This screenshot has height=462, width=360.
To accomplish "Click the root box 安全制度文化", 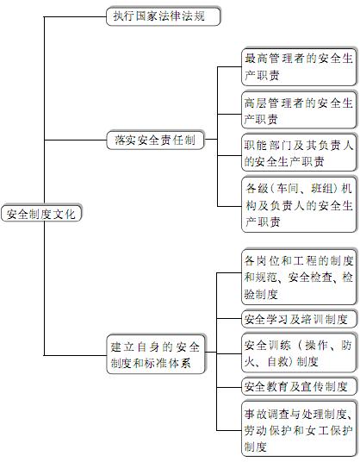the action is (41, 213).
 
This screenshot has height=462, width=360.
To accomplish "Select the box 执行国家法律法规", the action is (163, 16).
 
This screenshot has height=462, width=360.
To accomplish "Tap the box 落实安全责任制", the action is (155, 140).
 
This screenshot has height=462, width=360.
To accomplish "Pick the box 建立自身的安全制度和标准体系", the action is (155, 354).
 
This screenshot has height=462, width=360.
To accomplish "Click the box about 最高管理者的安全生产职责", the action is (299, 67).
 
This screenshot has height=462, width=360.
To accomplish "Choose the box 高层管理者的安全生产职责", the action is (299, 110).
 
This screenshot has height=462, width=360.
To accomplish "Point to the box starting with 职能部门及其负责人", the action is (299, 153).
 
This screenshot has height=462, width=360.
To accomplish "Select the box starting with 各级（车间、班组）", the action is (299, 204).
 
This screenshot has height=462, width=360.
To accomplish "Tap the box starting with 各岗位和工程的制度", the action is (299, 277).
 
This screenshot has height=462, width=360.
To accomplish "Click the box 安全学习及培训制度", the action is (299, 319).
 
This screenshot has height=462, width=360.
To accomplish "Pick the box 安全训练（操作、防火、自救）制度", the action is (299, 353).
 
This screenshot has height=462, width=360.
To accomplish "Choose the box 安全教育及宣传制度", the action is (299, 386).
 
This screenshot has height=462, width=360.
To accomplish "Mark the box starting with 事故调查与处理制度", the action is (299, 429).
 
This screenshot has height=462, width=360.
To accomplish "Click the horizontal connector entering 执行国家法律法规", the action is (75, 16).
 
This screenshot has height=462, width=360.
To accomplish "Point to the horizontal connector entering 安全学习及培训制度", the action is (229, 319).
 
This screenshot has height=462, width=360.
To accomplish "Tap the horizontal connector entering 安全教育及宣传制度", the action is (229, 387).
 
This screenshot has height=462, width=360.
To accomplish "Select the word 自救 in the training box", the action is (277, 361).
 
